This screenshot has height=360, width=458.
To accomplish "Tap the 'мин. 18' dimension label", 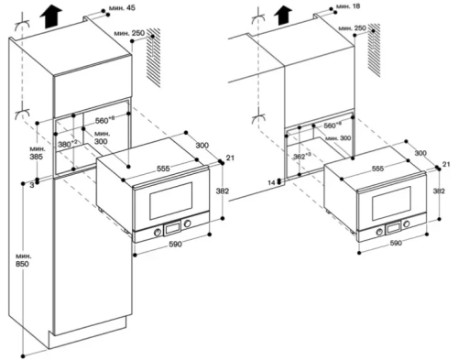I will pos(348,7).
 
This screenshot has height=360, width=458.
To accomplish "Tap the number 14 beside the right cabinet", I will pos(272,181).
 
